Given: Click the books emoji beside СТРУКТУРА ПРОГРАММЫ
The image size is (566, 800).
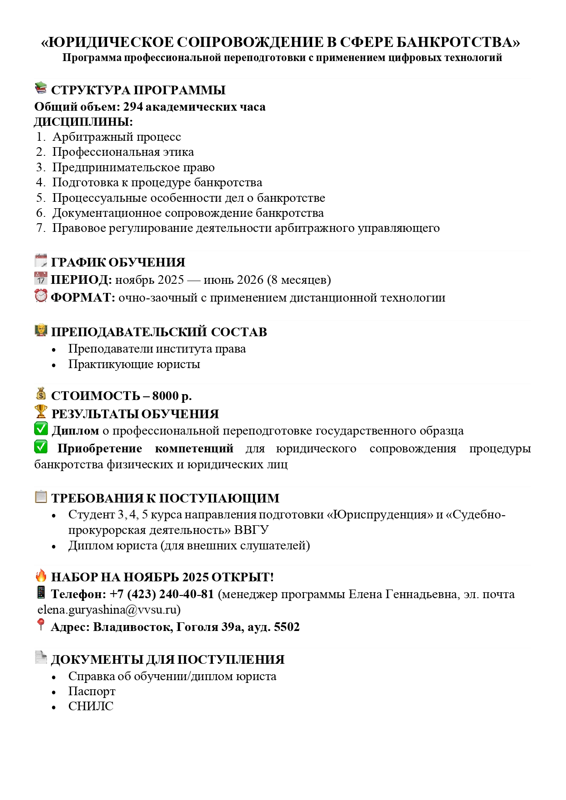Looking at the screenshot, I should (41, 88).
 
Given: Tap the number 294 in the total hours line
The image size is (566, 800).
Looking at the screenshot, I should (133, 107).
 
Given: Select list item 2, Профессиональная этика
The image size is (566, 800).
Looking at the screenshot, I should (123, 152).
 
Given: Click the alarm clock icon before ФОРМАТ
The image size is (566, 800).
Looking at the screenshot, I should (41, 296).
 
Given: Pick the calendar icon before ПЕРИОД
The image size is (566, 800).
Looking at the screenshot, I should (41, 278).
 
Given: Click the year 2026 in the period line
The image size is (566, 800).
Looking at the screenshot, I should (248, 279).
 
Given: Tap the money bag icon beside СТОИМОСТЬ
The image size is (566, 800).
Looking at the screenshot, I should (41, 394).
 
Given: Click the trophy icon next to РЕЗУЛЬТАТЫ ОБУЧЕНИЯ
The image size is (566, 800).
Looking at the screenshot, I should (41, 412).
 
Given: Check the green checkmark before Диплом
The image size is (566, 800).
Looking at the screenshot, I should (41, 429).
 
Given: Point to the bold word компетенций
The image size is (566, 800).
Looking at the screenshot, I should (194, 448).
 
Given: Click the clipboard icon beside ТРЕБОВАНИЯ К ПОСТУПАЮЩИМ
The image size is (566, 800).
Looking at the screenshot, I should (41, 496).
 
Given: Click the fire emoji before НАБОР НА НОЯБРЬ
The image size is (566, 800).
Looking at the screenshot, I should (41, 575).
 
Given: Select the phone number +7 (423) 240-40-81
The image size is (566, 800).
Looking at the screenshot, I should (162, 594).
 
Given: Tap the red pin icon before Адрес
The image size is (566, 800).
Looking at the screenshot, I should (41, 625).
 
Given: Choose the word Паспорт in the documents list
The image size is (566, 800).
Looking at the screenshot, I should (92, 691).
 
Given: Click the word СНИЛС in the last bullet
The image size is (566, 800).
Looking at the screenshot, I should (91, 706).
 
